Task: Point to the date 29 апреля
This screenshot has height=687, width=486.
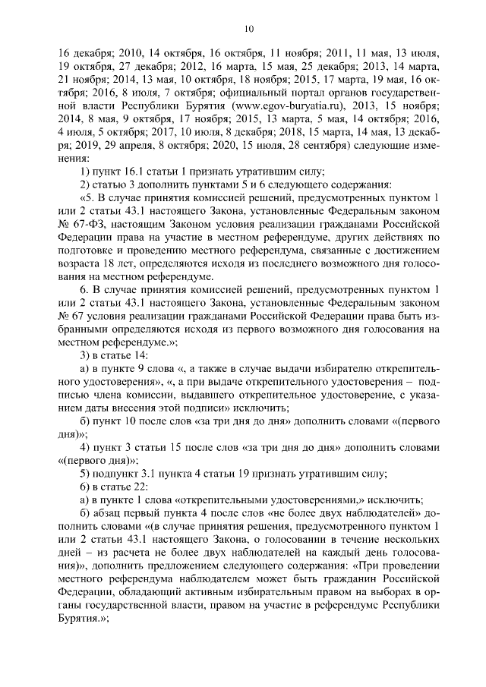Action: point(115,147)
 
